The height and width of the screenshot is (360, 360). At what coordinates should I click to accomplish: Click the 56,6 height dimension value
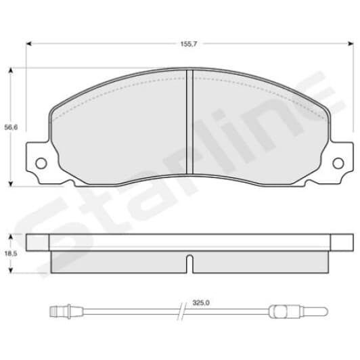tap(9, 127)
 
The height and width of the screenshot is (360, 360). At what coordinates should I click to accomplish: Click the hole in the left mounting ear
tap(40, 162)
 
